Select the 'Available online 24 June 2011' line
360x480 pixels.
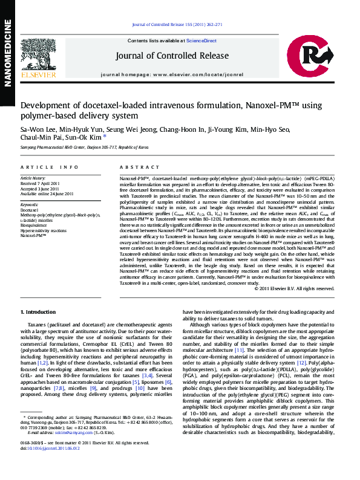pyautogui.click(x=47, y=193)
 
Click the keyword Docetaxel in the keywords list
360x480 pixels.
pyautogui.click(x=30, y=210)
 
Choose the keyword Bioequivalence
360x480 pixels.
pyautogui.click(x=34, y=225)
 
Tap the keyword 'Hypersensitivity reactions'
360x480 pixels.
pyautogui.click(x=43, y=230)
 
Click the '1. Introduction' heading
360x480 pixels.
pyautogui.click(x=39, y=312)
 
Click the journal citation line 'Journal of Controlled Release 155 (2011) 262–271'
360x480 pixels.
pyautogui.click(x=177, y=25)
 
